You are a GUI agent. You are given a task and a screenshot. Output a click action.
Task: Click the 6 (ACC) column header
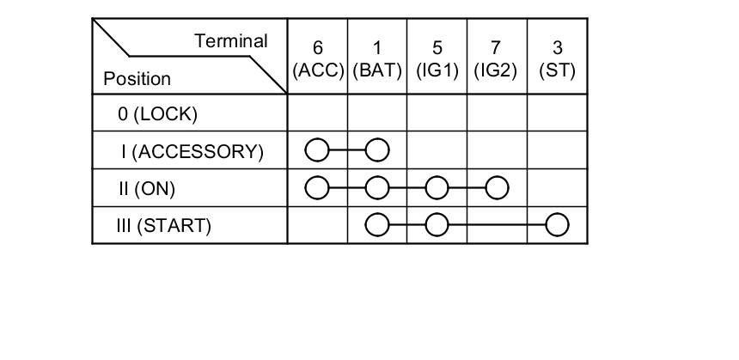pyautogui.click(x=318, y=59)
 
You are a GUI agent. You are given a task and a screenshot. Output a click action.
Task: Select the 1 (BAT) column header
pyautogui.click(x=377, y=59)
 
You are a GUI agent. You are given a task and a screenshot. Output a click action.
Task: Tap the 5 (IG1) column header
pyautogui.click(x=437, y=59)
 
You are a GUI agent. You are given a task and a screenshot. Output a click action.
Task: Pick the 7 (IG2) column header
pyautogui.click(x=496, y=59)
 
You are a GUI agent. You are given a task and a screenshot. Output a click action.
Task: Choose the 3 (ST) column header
pyautogui.click(x=557, y=59)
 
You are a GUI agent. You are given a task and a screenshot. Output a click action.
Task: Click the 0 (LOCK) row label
pyautogui.click(x=158, y=113)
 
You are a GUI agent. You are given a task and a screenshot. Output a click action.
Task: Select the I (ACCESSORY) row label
pyautogui.click(x=192, y=151)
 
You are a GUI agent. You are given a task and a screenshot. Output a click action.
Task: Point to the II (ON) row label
pyautogui.click(x=151, y=188)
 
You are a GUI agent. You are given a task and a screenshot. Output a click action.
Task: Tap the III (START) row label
pyautogui.click(x=163, y=226)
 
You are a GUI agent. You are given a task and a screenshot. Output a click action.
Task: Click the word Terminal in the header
pyautogui.click(x=231, y=40)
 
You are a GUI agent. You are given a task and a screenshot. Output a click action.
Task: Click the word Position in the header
pyautogui.click(x=137, y=78)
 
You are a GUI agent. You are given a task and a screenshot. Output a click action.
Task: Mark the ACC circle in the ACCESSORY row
pyautogui.click(x=317, y=151)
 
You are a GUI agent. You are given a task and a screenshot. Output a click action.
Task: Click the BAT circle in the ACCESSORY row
pyautogui.click(x=377, y=151)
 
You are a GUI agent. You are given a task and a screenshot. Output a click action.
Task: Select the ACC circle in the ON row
pyautogui.click(x=317, y=188)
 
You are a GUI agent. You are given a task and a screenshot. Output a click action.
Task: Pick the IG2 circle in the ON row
pyautogui.click(x=497, y=188)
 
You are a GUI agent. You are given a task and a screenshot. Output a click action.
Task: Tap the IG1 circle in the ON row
pyautogui.click(x=437, y=188)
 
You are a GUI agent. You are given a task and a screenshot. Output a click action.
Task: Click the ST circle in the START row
pyautogui.click(x=558, y=226)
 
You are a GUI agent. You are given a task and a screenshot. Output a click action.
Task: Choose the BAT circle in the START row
pyautogui.click(x=377, y=226)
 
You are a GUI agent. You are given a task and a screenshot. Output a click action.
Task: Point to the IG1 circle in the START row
pyautogui.click(x=437, y=226)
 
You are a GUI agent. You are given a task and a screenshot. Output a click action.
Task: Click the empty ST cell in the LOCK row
pyautogui.click(x=557, y=113)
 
